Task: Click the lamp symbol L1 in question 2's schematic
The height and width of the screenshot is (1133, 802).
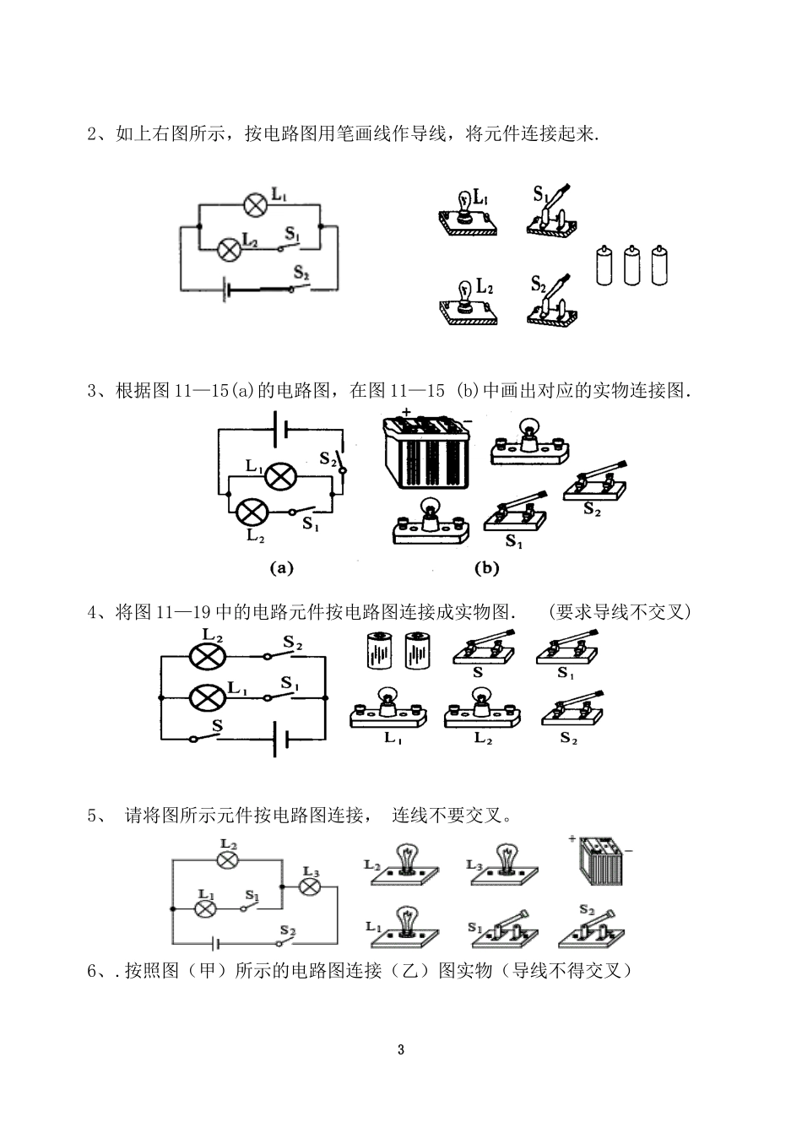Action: point(255,204)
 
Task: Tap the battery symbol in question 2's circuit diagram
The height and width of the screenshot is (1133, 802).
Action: point(226,290)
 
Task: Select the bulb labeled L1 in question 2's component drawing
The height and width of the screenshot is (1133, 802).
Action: point(467,212)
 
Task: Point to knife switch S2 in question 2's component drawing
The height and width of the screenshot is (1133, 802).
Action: point(553,304)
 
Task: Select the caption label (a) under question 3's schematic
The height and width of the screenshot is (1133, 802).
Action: point(281,568)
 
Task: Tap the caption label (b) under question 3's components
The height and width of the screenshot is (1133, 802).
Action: point(487,568)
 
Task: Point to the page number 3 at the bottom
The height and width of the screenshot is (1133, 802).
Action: point(401,1050)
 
